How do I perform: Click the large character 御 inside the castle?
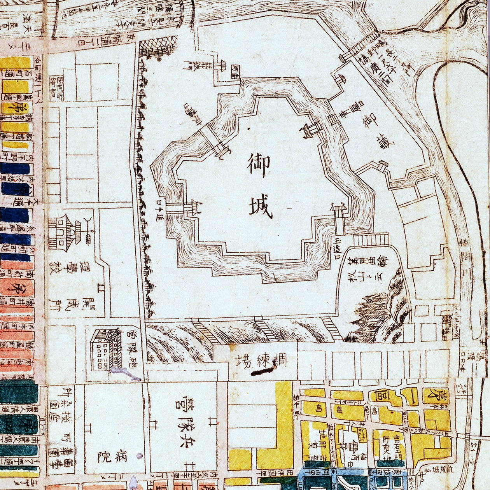[x=258, y=165]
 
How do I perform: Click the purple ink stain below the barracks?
[x=124, y=374]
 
